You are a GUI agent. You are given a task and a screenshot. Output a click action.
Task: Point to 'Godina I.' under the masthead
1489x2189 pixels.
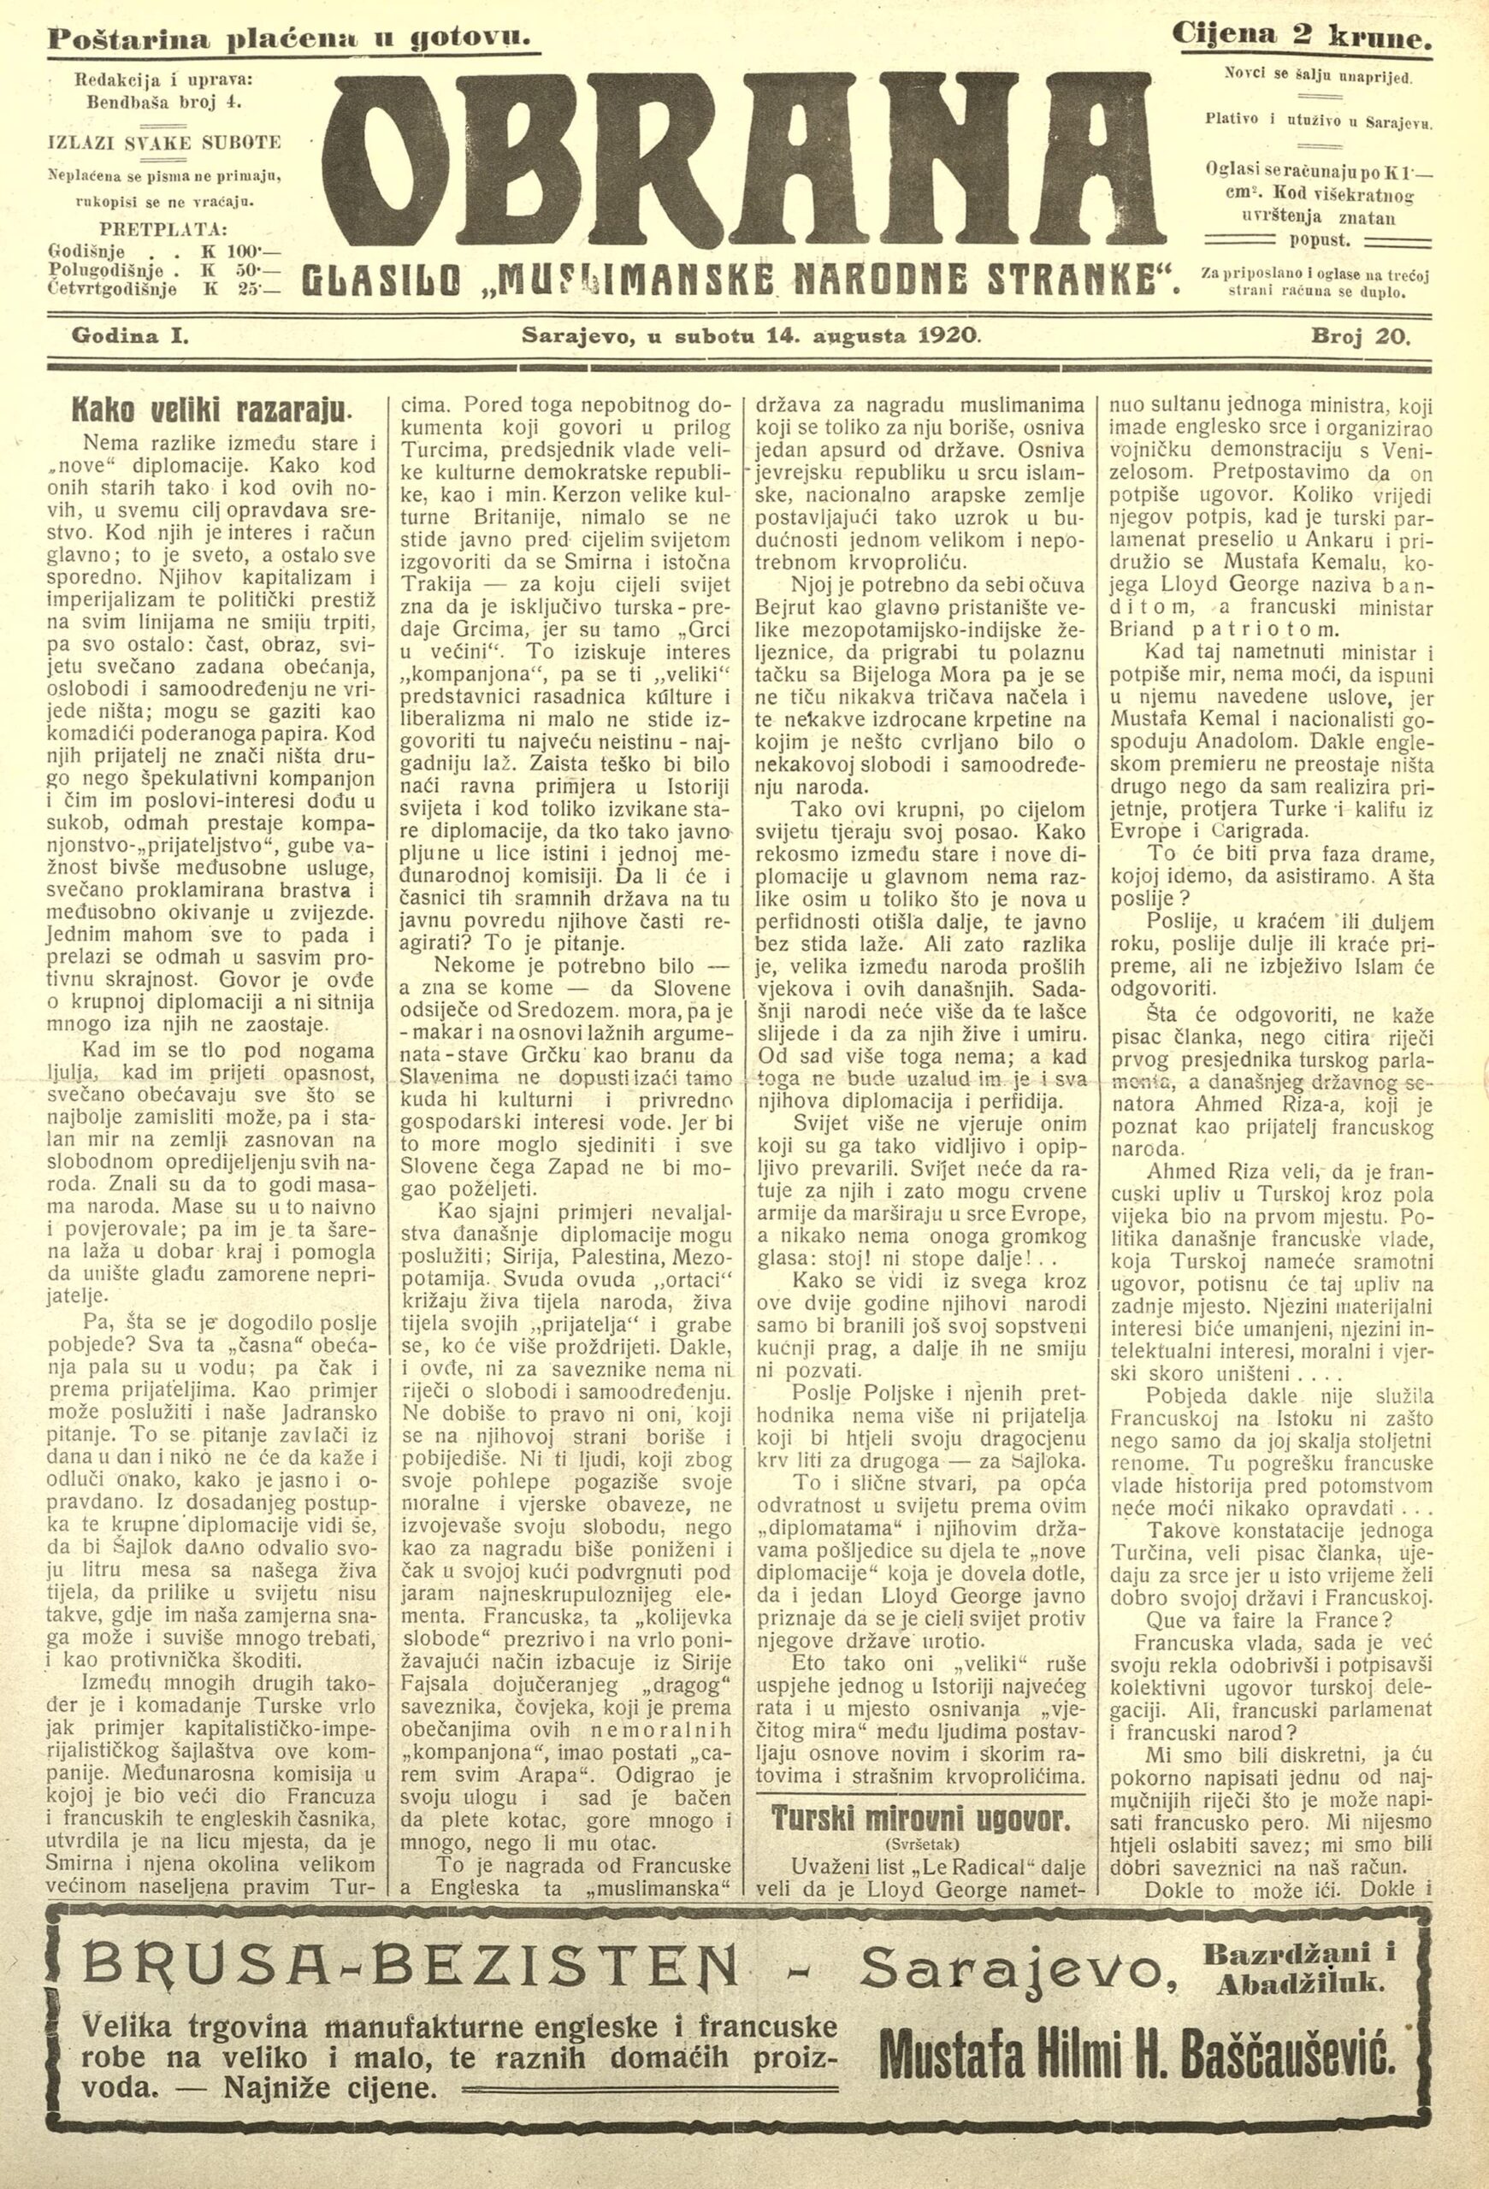click(129, 333)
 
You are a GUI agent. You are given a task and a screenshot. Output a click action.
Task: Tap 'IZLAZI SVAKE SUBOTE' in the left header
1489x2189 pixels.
click(163, 142)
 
